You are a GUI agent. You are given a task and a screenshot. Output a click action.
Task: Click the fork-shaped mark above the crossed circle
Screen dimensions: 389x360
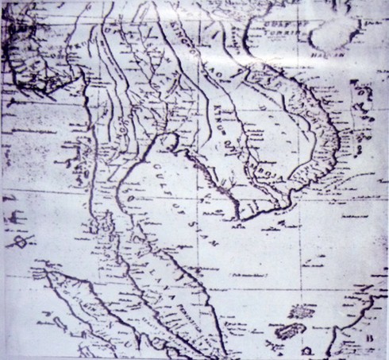coord(16,217)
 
